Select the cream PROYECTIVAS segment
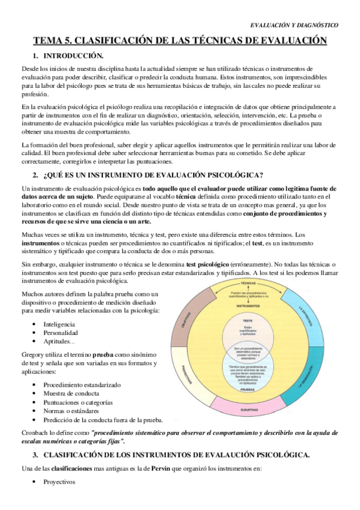(x=183, y=373)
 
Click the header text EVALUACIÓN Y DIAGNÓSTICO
(x=293, y=25)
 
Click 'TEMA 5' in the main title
(x=52, y=41)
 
